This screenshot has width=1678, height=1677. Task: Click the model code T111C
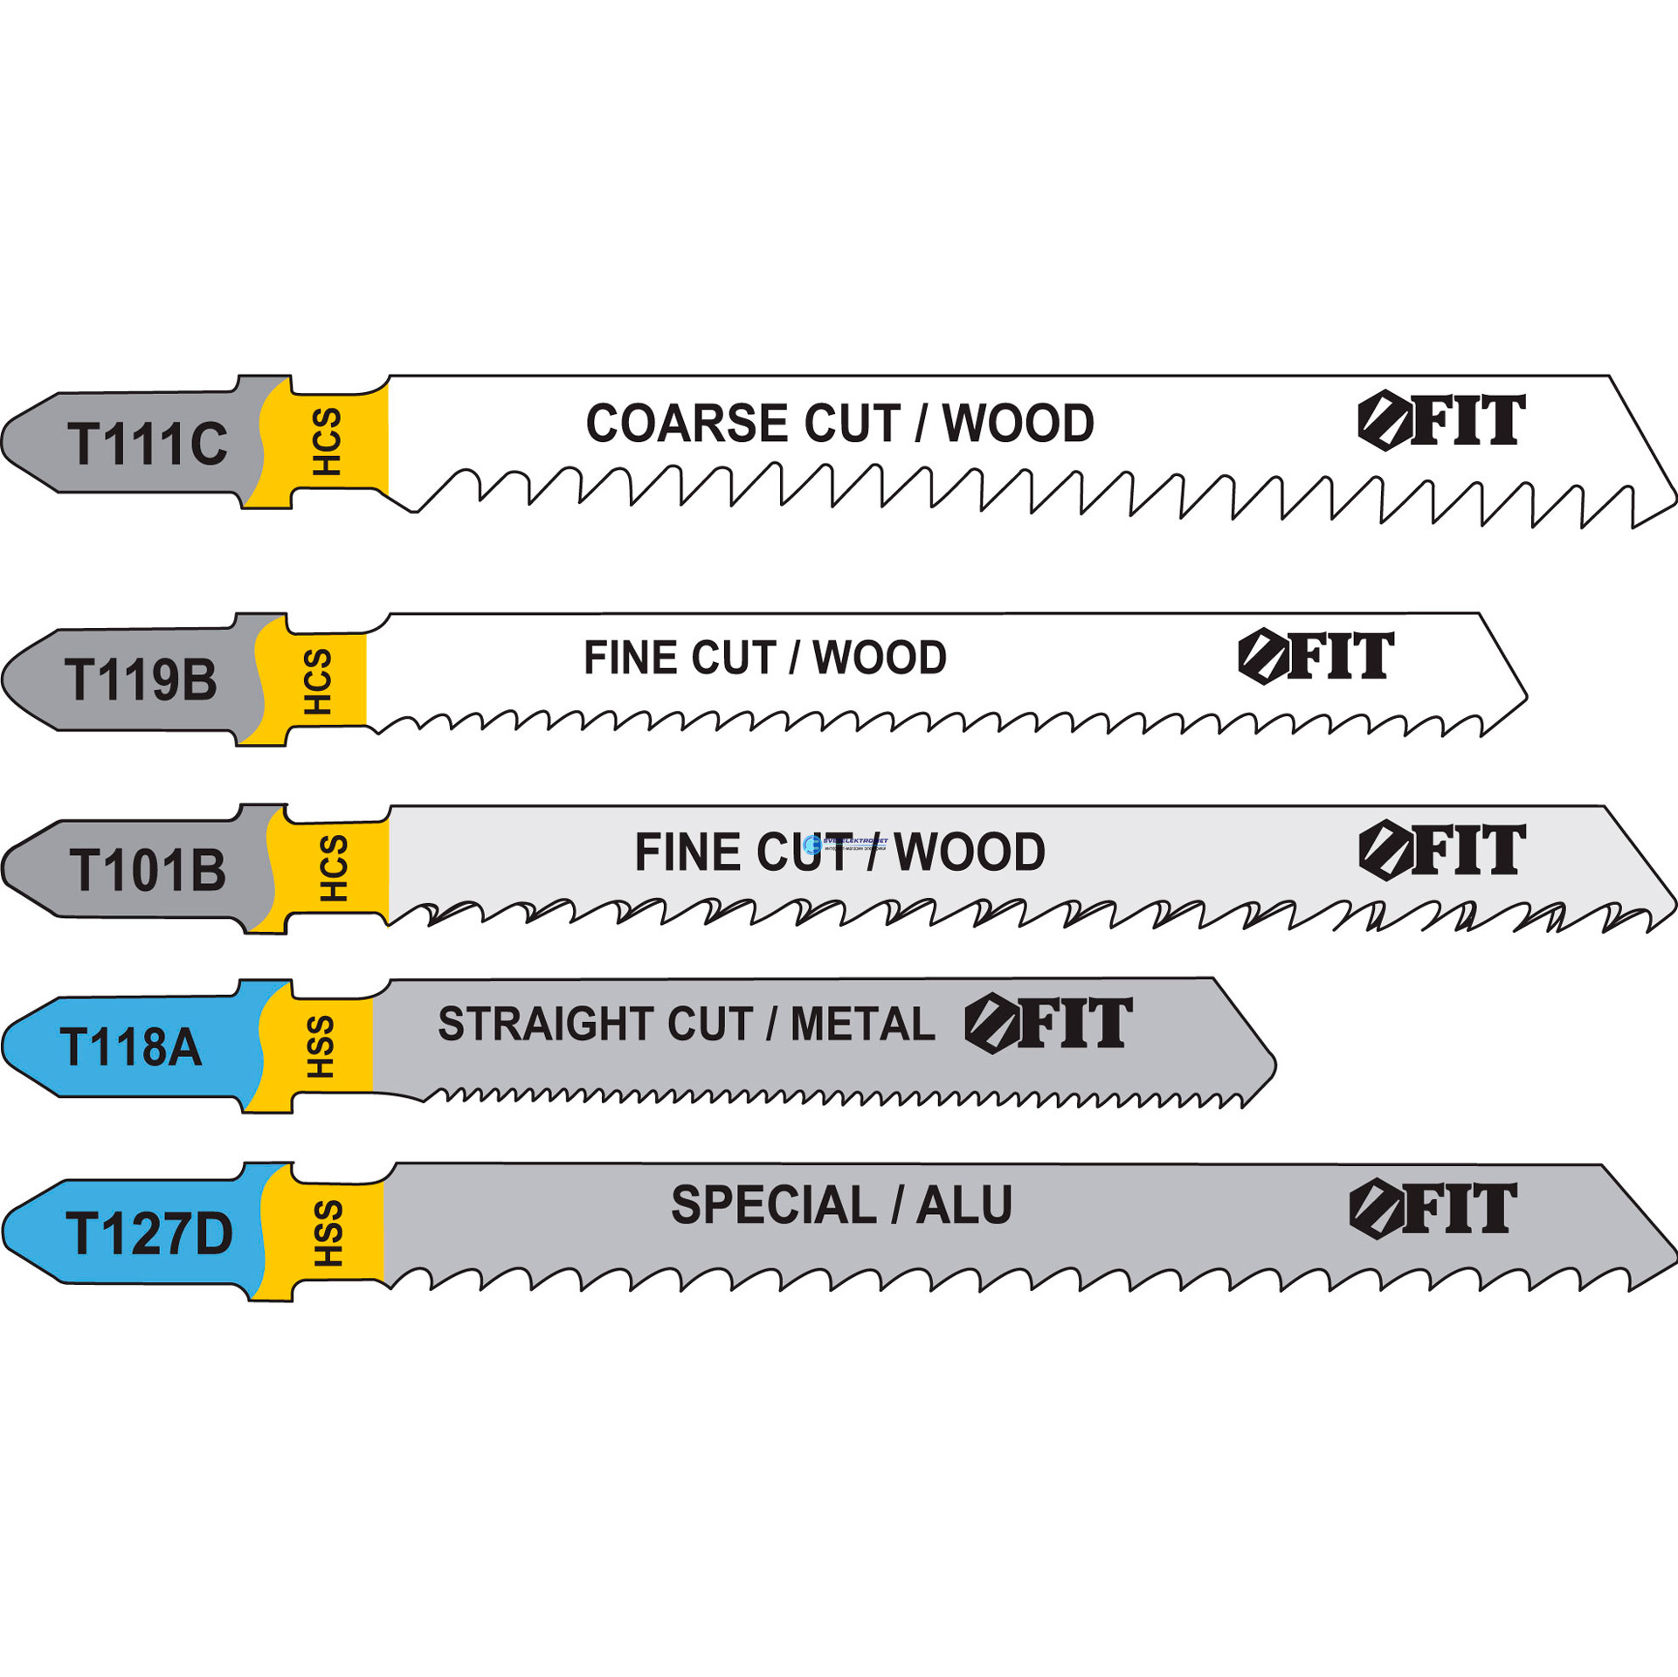(148, 444)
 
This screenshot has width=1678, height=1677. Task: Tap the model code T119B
(141, 680)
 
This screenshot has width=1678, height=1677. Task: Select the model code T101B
(148, 871)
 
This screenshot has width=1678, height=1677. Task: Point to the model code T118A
(131, 1047)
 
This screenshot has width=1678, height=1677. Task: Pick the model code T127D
(149, 1233)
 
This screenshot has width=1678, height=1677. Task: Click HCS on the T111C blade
(327, 442)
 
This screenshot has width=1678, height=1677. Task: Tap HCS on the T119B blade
(317, 682)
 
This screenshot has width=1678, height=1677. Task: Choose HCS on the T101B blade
(333, 868)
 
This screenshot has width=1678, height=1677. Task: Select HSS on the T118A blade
(321, 1047)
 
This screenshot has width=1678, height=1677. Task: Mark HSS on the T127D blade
(328, 1233)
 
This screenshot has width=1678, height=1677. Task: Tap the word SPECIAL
(773, 1206)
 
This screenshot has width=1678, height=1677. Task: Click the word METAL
(862, 1025)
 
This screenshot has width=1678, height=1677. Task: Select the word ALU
(964, 1206)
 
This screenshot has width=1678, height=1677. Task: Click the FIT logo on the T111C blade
(1441, 421)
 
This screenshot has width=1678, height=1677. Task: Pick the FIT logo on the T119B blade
(1315, 656)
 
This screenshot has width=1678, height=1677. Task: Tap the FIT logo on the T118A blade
(1048, 1023)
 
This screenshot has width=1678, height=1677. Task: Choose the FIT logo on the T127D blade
(1433, 1209)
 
